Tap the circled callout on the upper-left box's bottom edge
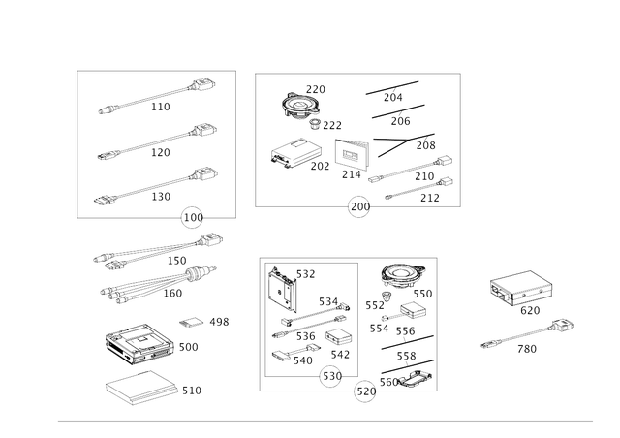[x=194, y=215]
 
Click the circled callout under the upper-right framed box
[x=358, y=206]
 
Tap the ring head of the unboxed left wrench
[x=210, y=241]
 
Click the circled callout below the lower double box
[x=365, y=391]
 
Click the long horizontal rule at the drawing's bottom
[x=325, y=422]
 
